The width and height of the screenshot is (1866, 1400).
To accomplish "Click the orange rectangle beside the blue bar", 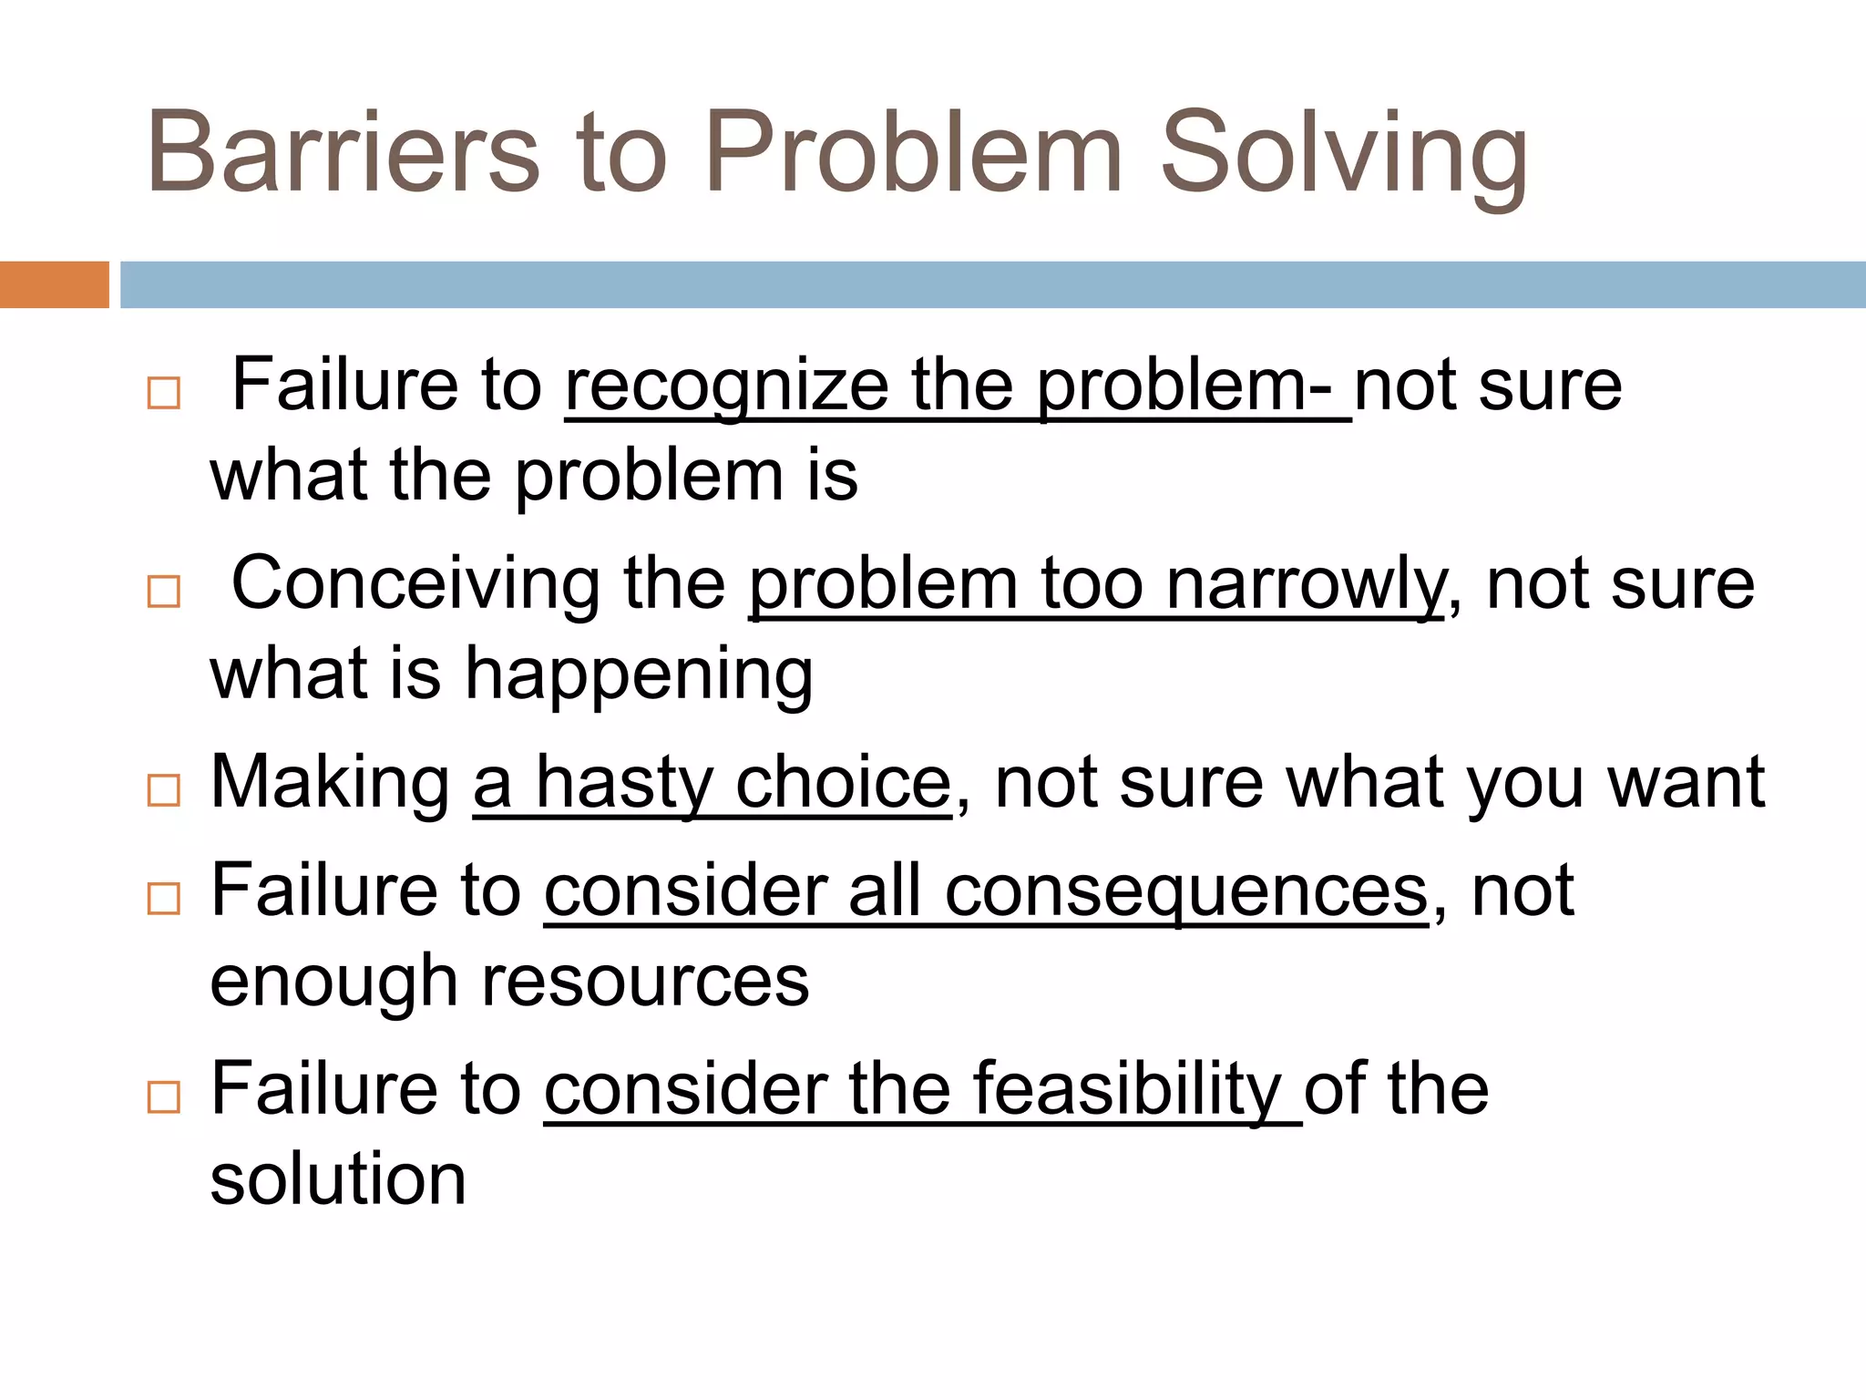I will tap(54, 284).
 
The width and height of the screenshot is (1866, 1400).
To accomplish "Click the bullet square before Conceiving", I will tap(164, 592).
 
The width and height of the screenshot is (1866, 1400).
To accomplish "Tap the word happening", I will tap(639, 675).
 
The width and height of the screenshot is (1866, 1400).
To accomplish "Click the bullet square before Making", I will tap(164, 789).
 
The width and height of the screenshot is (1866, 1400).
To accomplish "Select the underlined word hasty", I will tap(624, 784).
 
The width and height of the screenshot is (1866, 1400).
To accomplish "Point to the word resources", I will tap(645, 982).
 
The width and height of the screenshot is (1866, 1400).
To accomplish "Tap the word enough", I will tap(333, 983).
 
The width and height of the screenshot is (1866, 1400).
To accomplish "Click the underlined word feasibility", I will tap(1126, 1090).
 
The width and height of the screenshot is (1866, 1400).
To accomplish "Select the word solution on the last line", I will tap(338, 1179).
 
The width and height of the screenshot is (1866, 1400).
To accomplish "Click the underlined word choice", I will tap(843, 784).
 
